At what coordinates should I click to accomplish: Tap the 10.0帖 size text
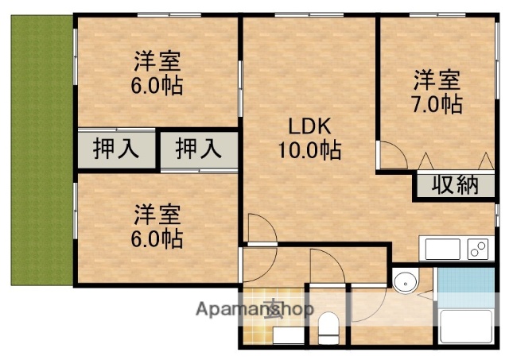pyautogui.click(x=310, y=149)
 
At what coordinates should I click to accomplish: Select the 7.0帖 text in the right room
pyautogui.click(x=437, y=103)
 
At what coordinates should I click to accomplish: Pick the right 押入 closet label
pyautogui.click(x=198, y=149)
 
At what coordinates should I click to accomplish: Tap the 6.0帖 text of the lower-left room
pyautogui.click(x=157, y=237)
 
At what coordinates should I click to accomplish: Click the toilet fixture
pyautogui.click(x=328, y=327)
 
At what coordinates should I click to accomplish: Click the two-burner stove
pyautogui.click(x=479, y=250)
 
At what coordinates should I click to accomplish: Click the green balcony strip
pyautogui.click(x=40, y=151)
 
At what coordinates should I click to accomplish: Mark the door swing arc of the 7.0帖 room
pyautogui.click(x=390, y=154)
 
